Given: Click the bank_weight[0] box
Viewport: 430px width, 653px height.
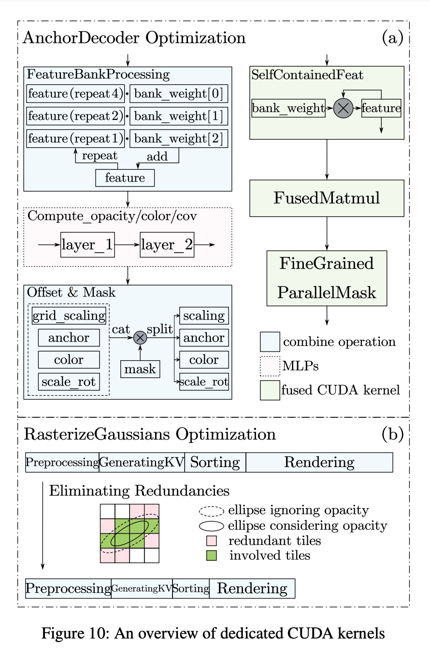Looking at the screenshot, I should tap(179, 93).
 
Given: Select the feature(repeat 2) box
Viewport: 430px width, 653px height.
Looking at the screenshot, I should tap(75, 116).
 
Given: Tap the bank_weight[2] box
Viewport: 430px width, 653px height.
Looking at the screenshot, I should tap(179, 139).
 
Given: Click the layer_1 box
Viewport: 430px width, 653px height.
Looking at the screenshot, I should tap(87, 244).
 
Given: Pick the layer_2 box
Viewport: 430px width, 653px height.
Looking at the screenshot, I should tap(167, 244).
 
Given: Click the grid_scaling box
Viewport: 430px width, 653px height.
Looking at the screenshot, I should tap(69, 315).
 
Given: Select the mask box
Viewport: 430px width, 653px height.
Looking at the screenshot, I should tap(140, 369).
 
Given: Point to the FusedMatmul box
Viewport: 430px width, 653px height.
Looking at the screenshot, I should tap(327, 198).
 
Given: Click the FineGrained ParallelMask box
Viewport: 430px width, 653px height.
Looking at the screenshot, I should tap(327, 278).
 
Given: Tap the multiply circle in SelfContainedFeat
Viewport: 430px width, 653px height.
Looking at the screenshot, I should tap(343, 108).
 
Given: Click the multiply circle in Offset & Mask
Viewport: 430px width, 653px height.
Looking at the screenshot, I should tap(140, 337).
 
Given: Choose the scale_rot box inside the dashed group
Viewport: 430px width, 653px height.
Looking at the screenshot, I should tap(69, 382).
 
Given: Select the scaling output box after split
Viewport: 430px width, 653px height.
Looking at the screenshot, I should tap(204, 315).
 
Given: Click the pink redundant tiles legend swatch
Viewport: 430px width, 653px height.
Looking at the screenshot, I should tap(211, 541).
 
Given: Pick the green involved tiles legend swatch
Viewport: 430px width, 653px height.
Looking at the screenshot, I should tap(211, 555).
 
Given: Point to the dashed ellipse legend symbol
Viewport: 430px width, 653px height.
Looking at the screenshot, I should tap(211, 511).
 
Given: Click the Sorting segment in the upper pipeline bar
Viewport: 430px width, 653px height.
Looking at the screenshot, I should tap(215, 462).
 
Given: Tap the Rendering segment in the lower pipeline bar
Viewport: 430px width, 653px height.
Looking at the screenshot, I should tap(252, 588).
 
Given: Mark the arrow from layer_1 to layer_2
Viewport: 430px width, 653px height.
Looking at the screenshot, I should tap(127, 244).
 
